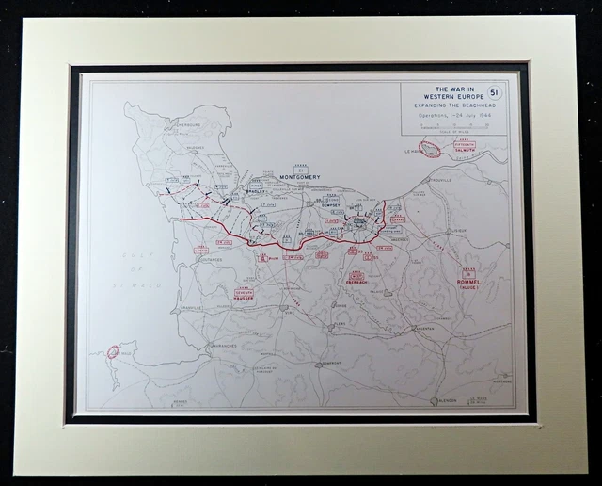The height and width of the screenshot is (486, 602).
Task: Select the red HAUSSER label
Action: point(244,300)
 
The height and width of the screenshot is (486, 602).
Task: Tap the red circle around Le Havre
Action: point(430,150)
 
